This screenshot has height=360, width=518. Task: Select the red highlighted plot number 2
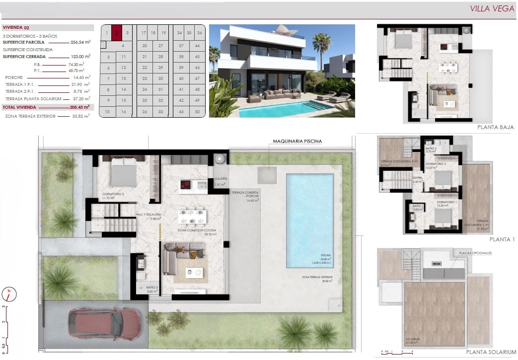click(117, 33)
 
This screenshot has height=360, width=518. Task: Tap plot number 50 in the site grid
click(198, 112)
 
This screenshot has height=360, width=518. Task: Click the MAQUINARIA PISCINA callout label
click(297, 141)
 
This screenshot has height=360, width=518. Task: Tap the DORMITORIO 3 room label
click(113, 194)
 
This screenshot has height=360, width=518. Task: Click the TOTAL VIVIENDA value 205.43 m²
click(80, 107)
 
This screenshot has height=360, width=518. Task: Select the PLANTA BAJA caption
click(495, 127)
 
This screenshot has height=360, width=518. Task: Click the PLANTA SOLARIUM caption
click(491, 352)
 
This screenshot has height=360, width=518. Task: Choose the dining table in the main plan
click(192, 216)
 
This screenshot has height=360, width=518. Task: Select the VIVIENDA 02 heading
click(16, 28)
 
